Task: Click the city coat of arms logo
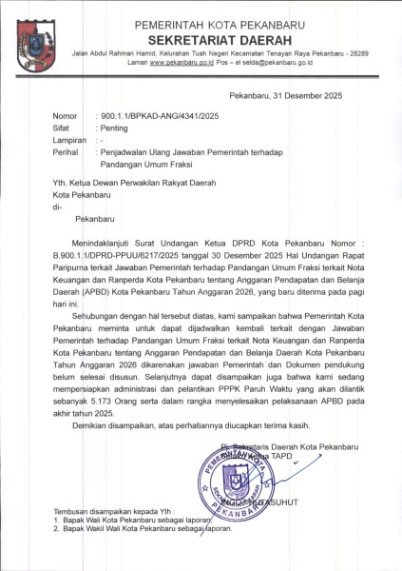coord(36,40)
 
